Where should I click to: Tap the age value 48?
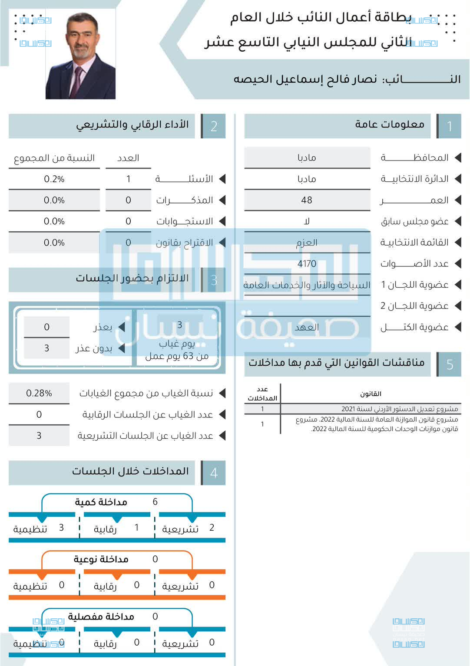[x=307, y=200]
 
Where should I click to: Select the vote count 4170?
[x=307, y=263]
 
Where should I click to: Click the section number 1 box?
[x=449, y=126]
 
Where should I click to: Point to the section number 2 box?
[x=214, y=126]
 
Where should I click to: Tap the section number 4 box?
[x=214, y=472]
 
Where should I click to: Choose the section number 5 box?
[x=449, y=364]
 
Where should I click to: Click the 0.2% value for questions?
[x=54, y=179]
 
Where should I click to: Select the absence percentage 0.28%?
[x=39, y=393]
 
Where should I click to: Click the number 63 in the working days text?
[x=188, y=356]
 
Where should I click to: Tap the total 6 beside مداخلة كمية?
[x=155, y=502]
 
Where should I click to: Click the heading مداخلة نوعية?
[x=101, y=559]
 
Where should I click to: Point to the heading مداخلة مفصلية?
[x=101, y=617]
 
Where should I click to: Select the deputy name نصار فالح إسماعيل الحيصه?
[x=305, y=79]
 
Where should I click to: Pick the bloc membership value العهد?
[x=307, y=327]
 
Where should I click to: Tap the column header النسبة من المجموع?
[x=54, y=158]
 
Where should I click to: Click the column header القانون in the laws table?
[x=371, y=394]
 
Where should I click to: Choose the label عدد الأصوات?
[x=414, y=263]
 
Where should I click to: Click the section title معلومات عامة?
[x=390, y=125]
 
